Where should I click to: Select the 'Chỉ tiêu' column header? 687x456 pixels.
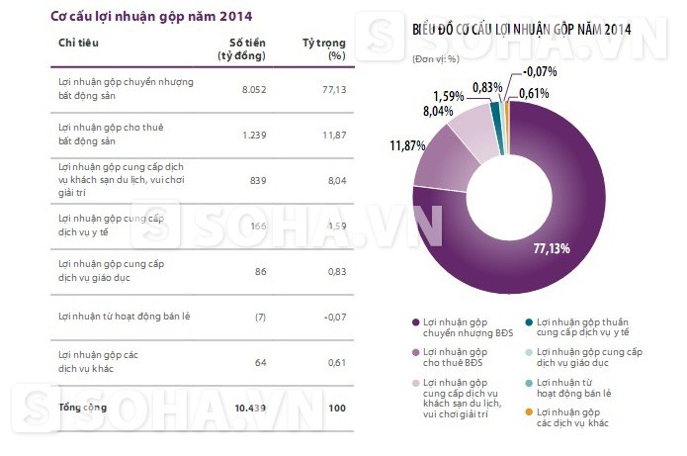(78, 43)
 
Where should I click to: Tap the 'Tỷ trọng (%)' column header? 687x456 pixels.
(321, 48)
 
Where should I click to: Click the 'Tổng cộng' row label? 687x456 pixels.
(83, 407)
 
